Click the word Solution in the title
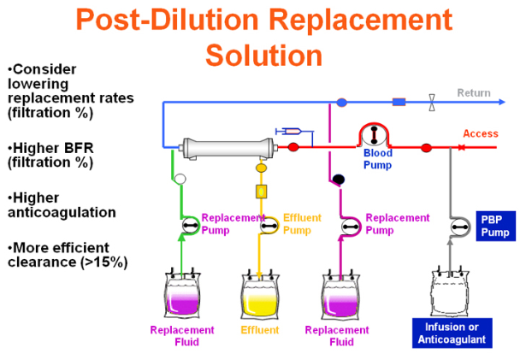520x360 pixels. point(264,54)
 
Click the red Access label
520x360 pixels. point(480,133)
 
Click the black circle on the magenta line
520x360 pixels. point(337,180)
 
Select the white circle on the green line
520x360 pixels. point(180,179)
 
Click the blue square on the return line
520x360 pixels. point(398,103)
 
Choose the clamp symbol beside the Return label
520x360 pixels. point(433,103)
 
